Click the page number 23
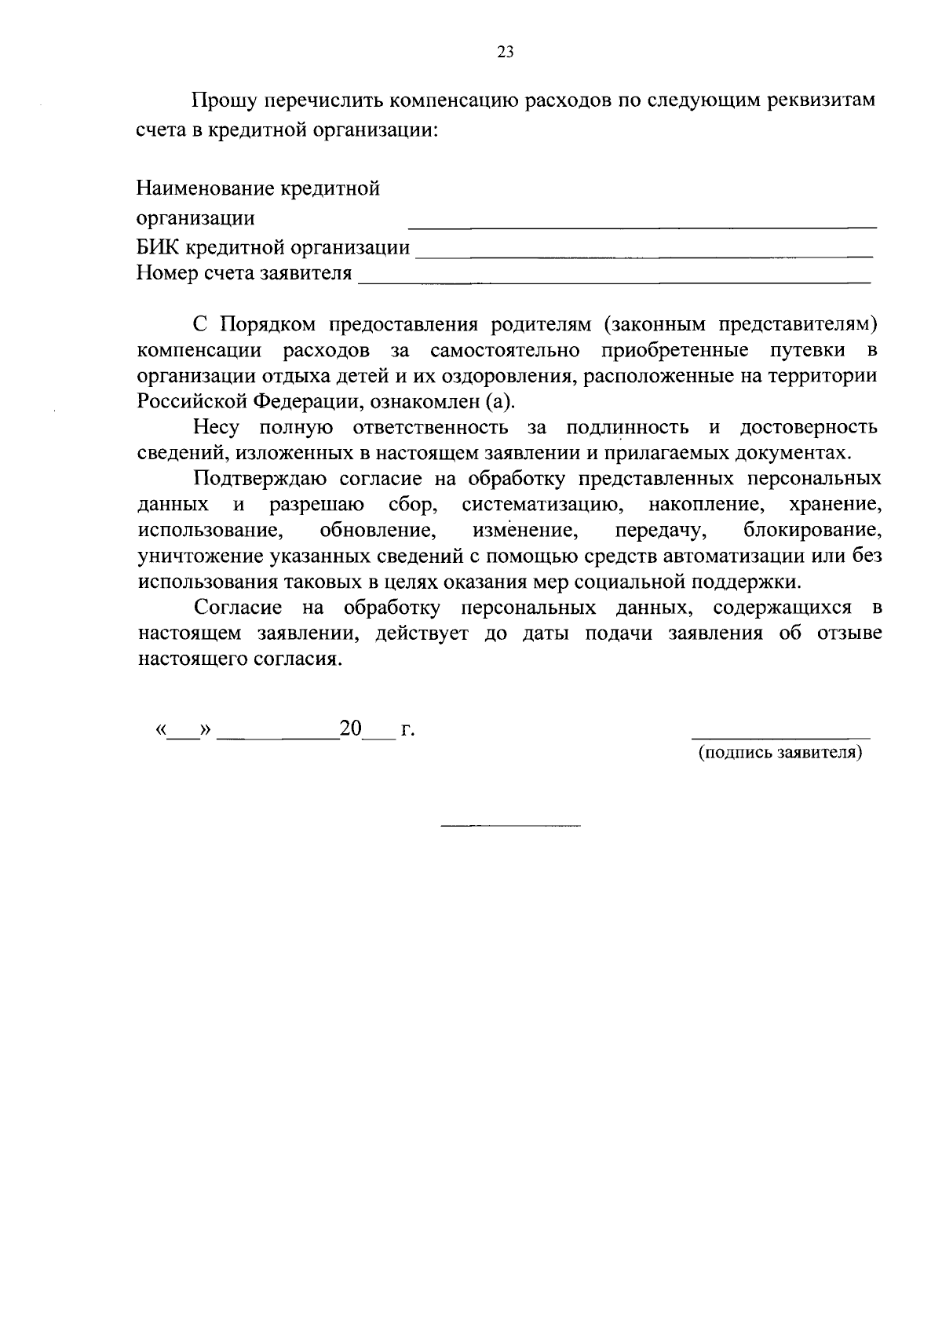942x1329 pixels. [505, 53]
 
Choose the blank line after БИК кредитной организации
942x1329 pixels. [643, 256]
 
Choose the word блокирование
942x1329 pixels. [812, 530]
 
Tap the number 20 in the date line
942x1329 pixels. [350, 728]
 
